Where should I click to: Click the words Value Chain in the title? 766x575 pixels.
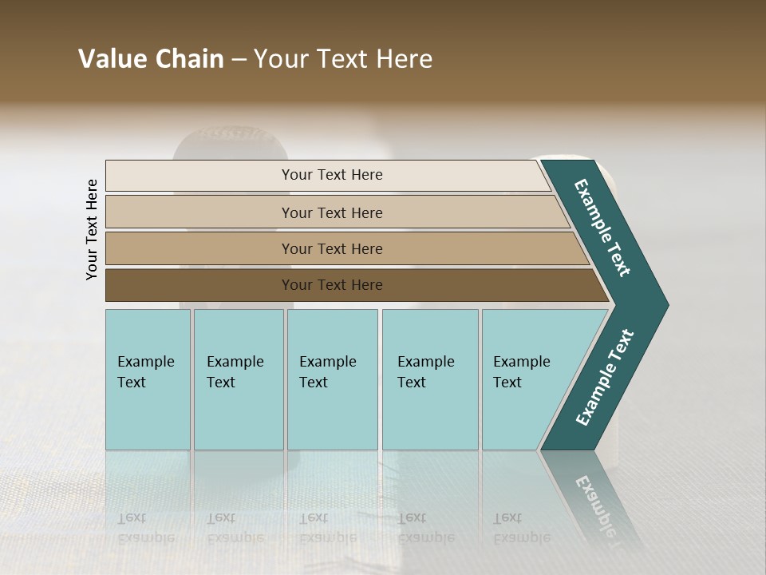pos(151,59)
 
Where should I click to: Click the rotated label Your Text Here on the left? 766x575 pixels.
pos(92,229)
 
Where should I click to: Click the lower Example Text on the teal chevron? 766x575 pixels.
pos(605,378)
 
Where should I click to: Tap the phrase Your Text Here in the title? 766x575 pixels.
pos(343,59)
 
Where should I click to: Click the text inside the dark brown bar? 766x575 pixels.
pos(332,285)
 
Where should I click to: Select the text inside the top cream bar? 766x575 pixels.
pos(332,175)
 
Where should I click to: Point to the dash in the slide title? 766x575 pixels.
pos(239,60)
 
